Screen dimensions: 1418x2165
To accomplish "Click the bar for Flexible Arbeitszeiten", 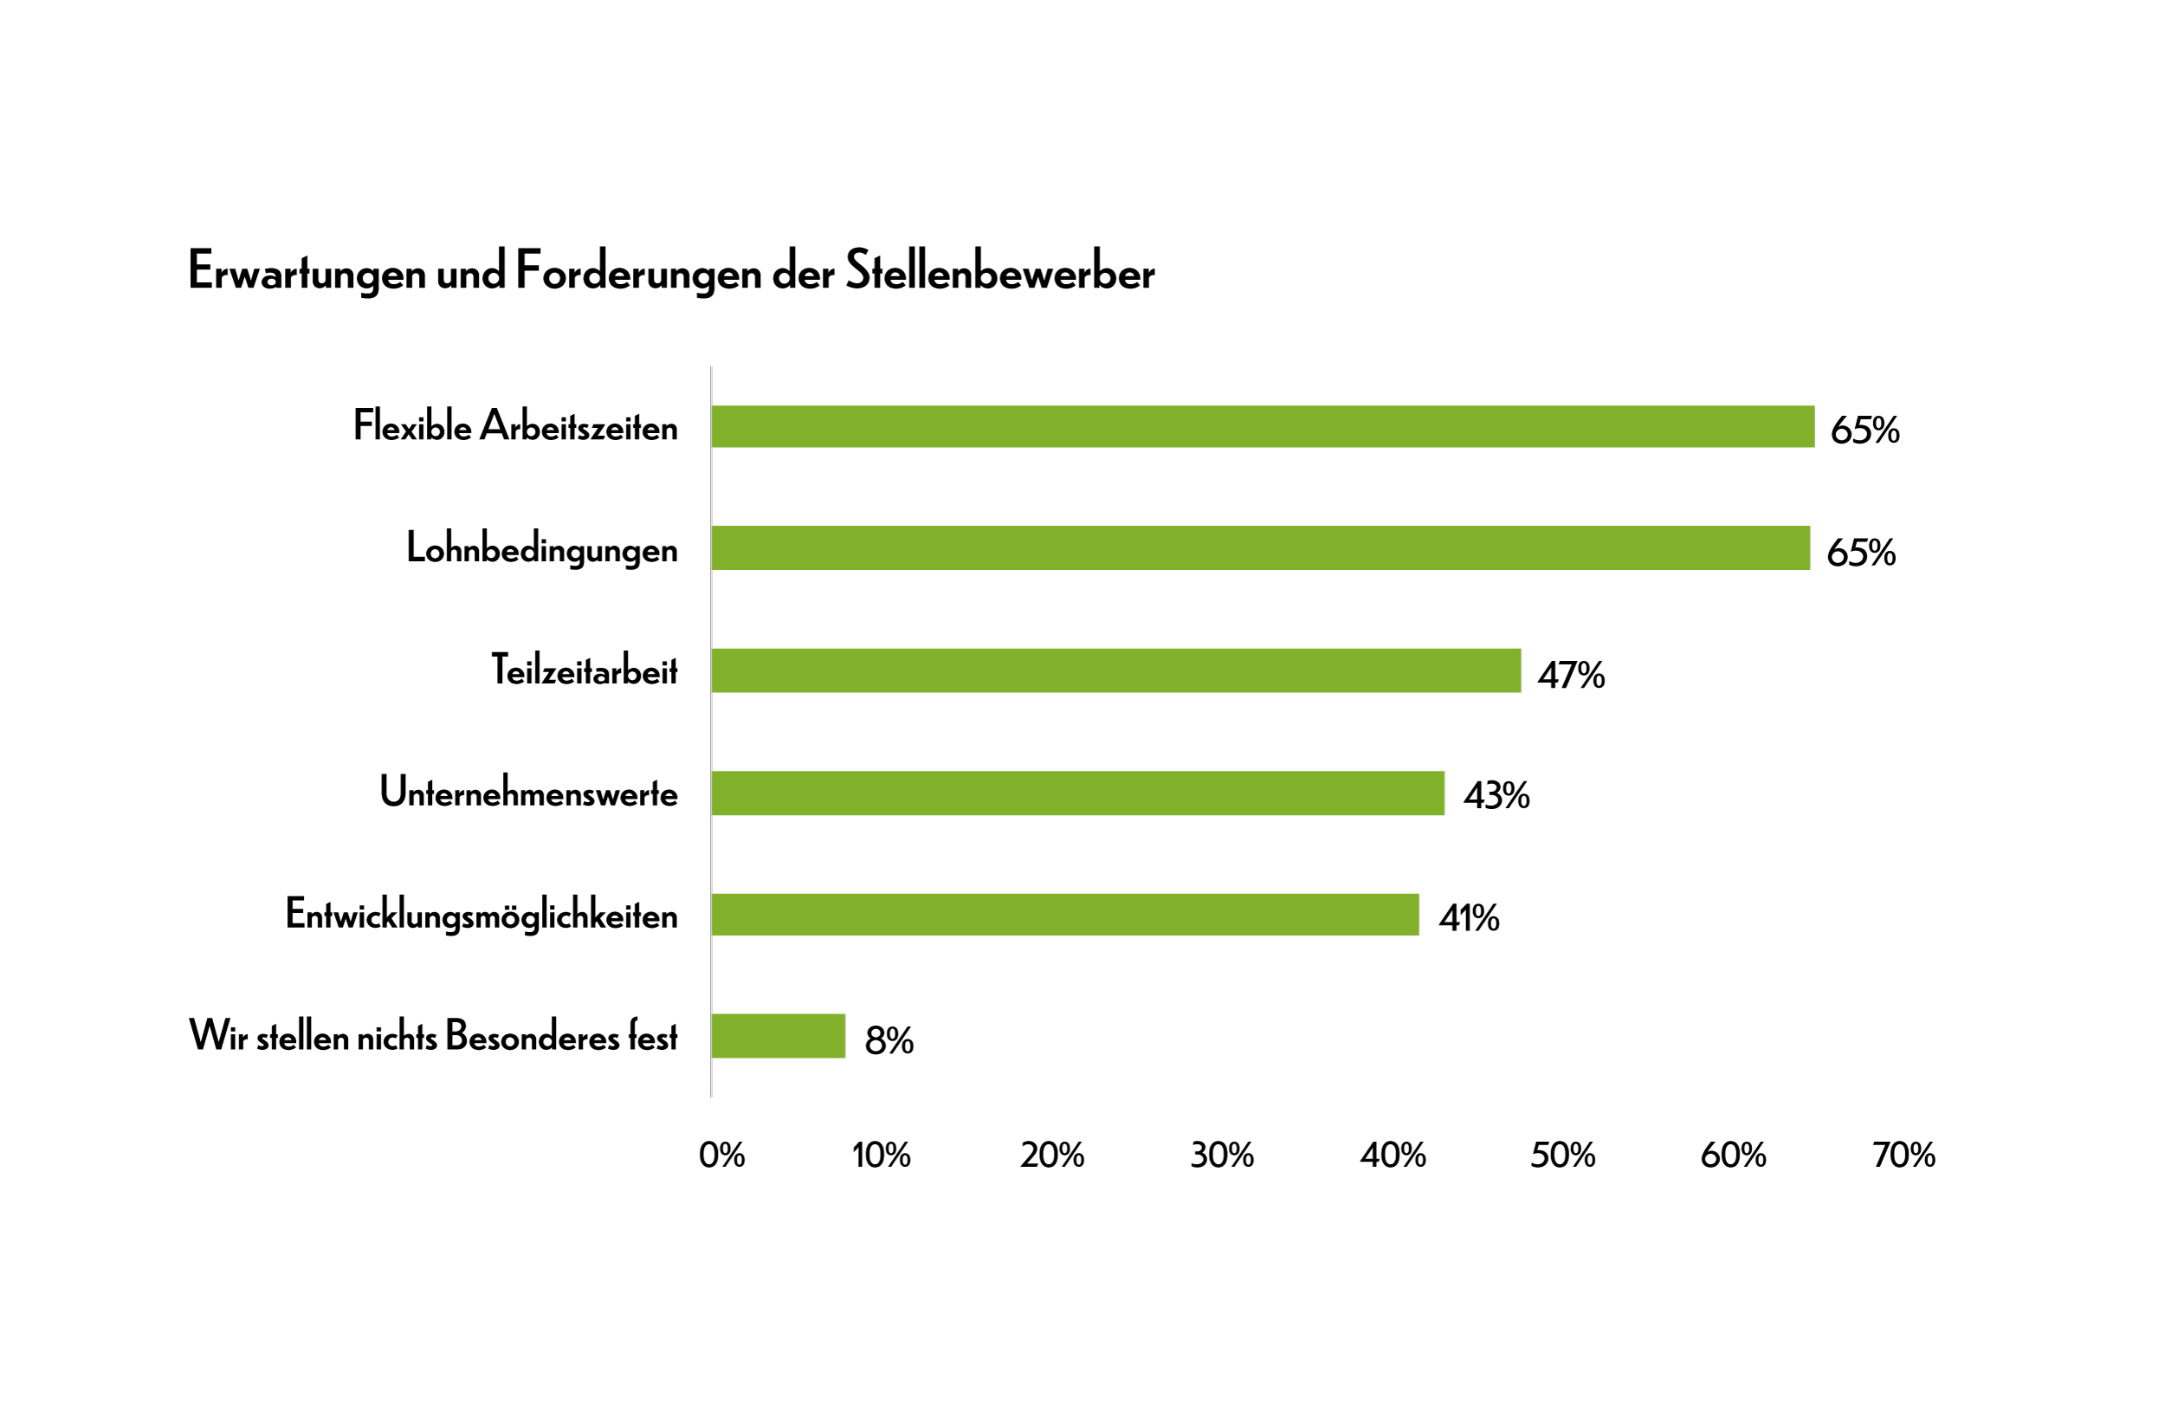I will click(1263, 427).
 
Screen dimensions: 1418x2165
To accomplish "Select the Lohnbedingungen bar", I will click(1260, 548).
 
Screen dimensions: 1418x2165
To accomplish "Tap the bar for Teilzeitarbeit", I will click(1115, 670).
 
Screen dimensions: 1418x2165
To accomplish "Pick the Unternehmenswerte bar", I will click(1077, 793).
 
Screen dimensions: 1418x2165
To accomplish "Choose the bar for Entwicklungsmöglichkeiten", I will click(1064, 915).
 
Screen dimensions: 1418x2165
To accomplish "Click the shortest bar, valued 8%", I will click(778, 1037).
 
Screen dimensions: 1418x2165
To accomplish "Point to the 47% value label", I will click(1571, 676).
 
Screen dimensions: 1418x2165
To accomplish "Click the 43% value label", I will click(1496, 796).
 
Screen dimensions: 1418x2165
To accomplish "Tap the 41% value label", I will click(1469, 918).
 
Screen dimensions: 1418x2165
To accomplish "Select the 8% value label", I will click(889, 1040).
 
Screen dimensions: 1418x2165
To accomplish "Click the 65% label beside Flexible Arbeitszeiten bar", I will click(1864, 431).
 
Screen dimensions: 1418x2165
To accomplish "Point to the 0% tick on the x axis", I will click(721, 1156).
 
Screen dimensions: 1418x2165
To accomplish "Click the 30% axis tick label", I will click(1222, 1156).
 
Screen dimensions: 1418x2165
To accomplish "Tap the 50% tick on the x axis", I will click(1563, 1156).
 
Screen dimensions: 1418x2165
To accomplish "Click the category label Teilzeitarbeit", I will click(584, 670).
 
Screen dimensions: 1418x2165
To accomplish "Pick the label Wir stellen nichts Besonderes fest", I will click(433, 1037).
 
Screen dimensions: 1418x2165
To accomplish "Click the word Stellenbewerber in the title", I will click(999, 271).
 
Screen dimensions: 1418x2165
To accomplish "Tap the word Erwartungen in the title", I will click(307, 273).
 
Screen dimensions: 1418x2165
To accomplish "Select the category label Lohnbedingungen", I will click(541, 550).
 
